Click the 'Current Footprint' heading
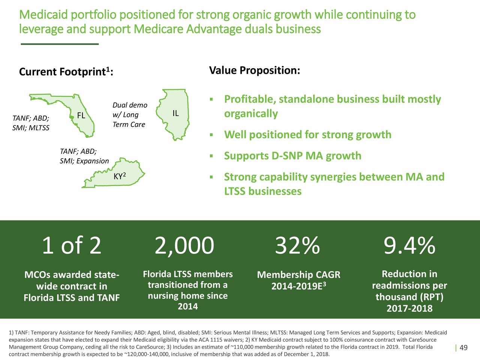66,71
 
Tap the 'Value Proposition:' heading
254,70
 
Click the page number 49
463,348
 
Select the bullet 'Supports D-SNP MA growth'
292,156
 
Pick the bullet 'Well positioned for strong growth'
307,135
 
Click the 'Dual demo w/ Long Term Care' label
129,115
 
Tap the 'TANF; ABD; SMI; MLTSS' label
31,123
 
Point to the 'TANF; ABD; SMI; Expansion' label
84,156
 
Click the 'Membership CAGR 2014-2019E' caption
298,281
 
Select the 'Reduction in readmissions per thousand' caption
409,291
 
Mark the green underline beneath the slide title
59,44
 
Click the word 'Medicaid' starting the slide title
44,15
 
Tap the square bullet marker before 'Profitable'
212,100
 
